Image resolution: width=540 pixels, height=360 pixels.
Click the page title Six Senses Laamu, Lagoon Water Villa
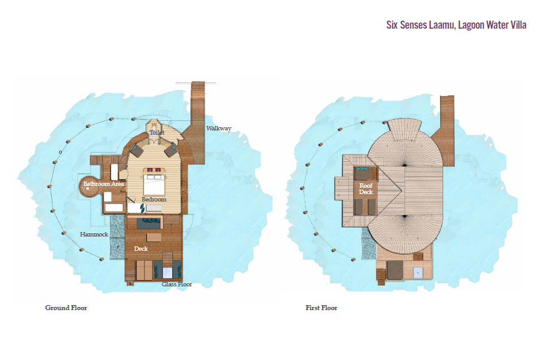click(x=456, y=25)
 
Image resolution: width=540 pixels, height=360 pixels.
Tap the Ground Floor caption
click(x=66, y=308)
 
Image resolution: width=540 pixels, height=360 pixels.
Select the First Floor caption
click(x=322, y=308)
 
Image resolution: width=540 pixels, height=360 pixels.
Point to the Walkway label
click(x=218, y=129)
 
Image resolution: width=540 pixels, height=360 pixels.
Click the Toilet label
click(x=157, y=132)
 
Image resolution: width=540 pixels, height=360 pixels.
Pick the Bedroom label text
click(x=154, y=199)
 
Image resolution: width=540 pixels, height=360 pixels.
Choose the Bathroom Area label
click(x=104, y=184)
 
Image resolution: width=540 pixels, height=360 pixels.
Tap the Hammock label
click(x=94, y=235)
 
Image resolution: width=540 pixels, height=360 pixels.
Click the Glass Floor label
click(x=177, y=285)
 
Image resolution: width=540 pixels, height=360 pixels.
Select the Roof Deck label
click(x=366, y=188)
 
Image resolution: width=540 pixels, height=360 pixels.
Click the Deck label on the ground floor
click(x=141, y=248)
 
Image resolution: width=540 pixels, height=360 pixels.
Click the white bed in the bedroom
click(x=154, y=185)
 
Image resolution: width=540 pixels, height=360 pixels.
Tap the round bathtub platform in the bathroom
click(x=89, y=188)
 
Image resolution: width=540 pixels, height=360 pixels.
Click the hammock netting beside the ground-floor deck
click(x=117, y=237)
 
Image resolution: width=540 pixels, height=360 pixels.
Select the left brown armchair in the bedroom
click(x=137, y=150)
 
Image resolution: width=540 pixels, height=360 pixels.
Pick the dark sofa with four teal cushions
click(x=149, y=223)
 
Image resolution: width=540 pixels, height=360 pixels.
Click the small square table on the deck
click(x=154, y=238)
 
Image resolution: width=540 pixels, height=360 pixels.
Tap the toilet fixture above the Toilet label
click(x=153, y=125)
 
